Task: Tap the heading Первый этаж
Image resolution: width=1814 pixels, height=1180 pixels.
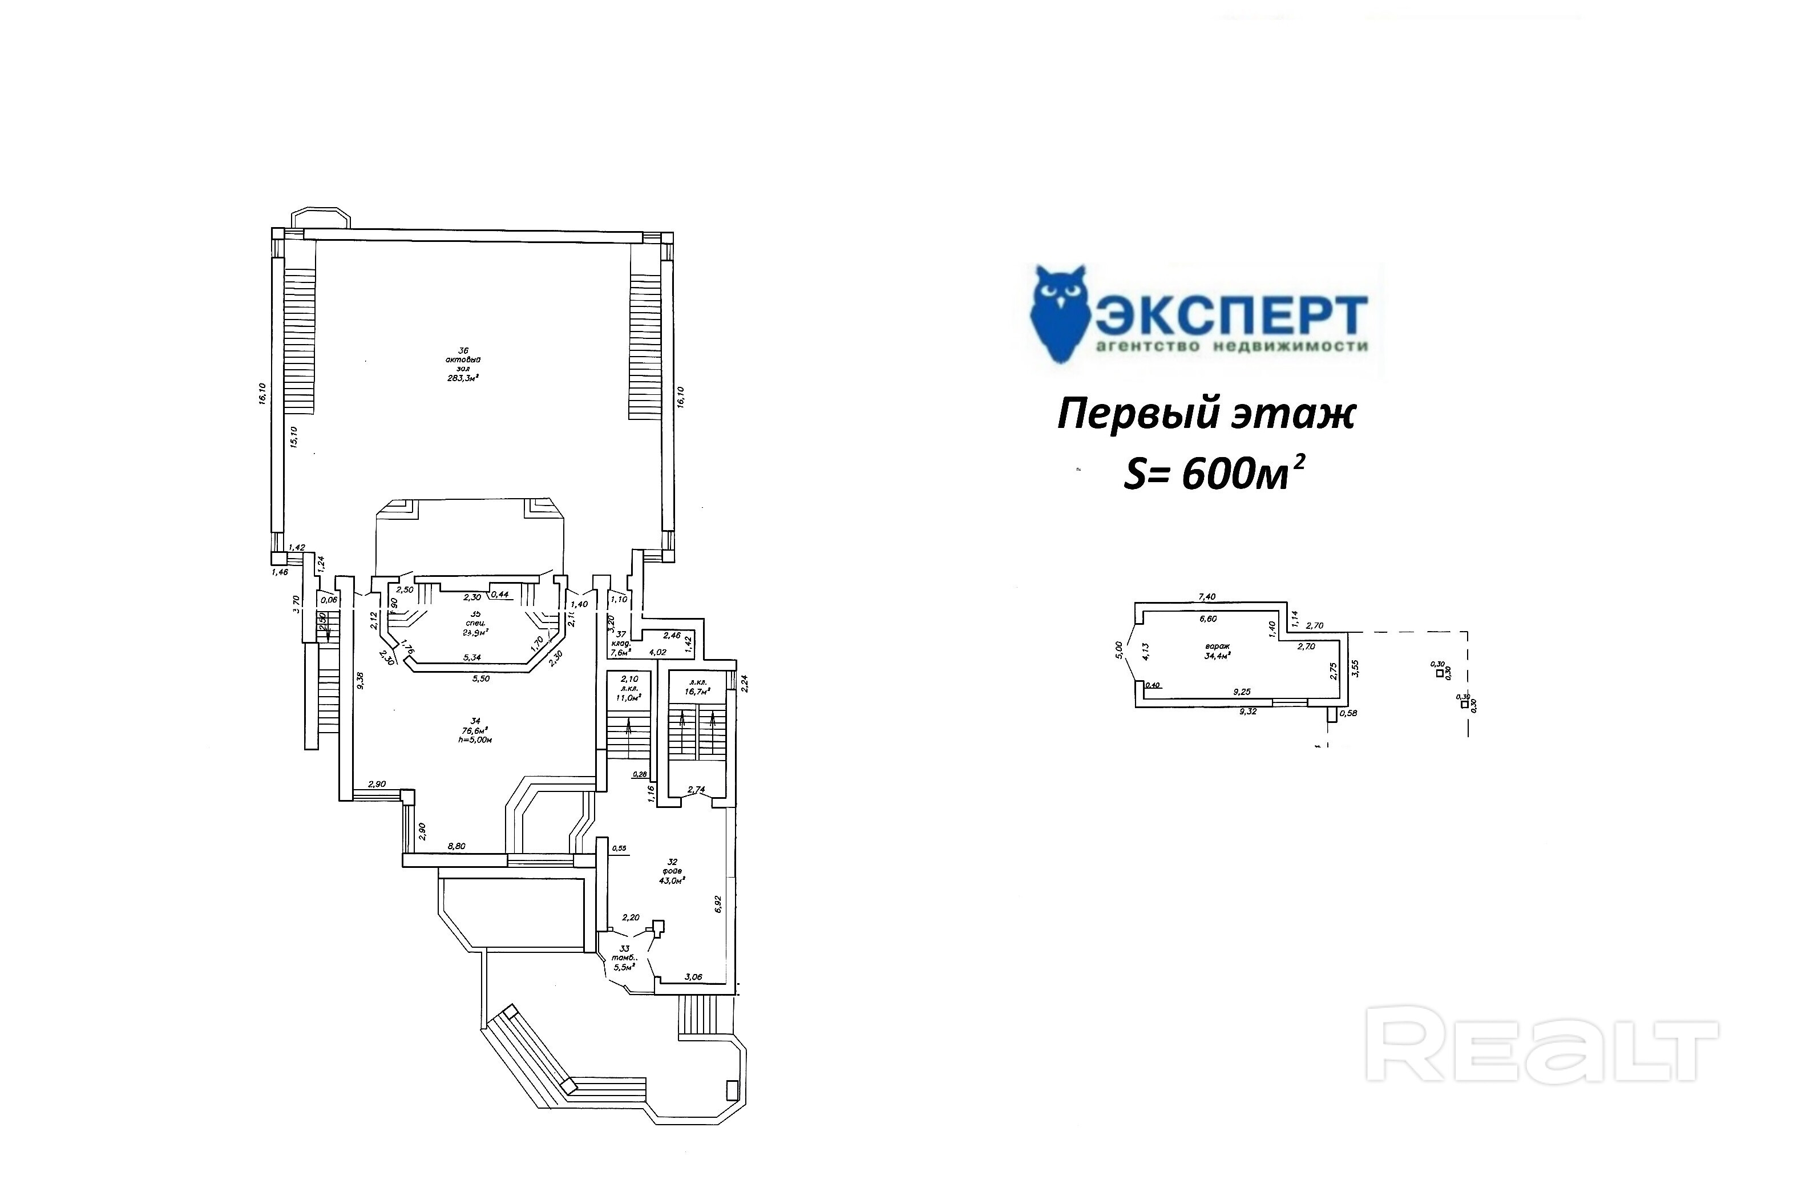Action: (1206, 416)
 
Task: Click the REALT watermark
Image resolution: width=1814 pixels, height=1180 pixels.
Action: (1540, 1043)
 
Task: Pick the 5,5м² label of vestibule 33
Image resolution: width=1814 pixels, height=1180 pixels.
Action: (624, 967)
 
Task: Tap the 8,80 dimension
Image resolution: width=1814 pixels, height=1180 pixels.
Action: (456, 846)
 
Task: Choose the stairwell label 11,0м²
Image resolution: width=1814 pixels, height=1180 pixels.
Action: (629, 697)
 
